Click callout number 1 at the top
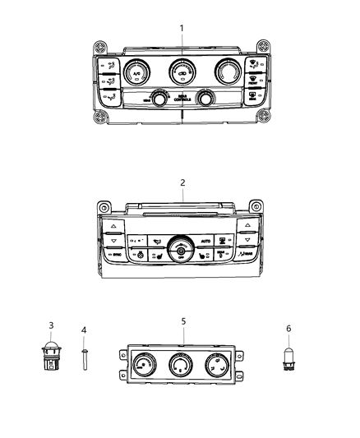(x=182, y=28)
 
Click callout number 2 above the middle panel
(x=182, y=182)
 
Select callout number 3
(x=51, y=327)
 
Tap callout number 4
(x=84, y=330)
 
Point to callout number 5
(x=182, y=322)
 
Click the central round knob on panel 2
(x=180, y=246)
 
